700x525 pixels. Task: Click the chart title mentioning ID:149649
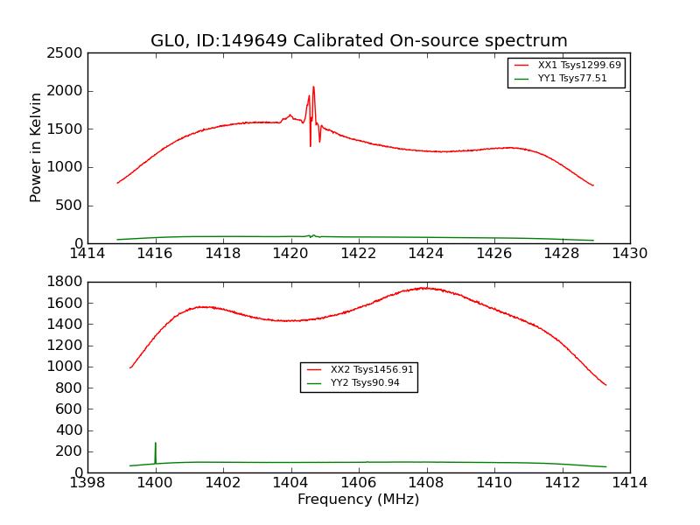click(359, 41)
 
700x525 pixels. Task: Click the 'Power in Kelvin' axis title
click(37, 147)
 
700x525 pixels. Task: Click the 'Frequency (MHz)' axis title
click(358, 500)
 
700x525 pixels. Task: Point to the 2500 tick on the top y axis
click(66, 52)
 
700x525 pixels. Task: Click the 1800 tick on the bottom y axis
click(66, 282)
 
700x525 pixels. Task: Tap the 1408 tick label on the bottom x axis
click(426, 483)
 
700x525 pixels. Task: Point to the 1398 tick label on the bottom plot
click(87, 483)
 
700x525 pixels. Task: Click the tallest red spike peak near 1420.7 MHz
click(313, 87)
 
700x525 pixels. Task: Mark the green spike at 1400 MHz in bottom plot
click(156, 444)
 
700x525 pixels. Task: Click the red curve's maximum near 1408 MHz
click(424, 288)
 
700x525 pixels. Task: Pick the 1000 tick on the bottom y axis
click(66, 367)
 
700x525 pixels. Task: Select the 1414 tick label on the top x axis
click(87, 254)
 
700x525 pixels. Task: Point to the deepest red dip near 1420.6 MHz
click(310, 145)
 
